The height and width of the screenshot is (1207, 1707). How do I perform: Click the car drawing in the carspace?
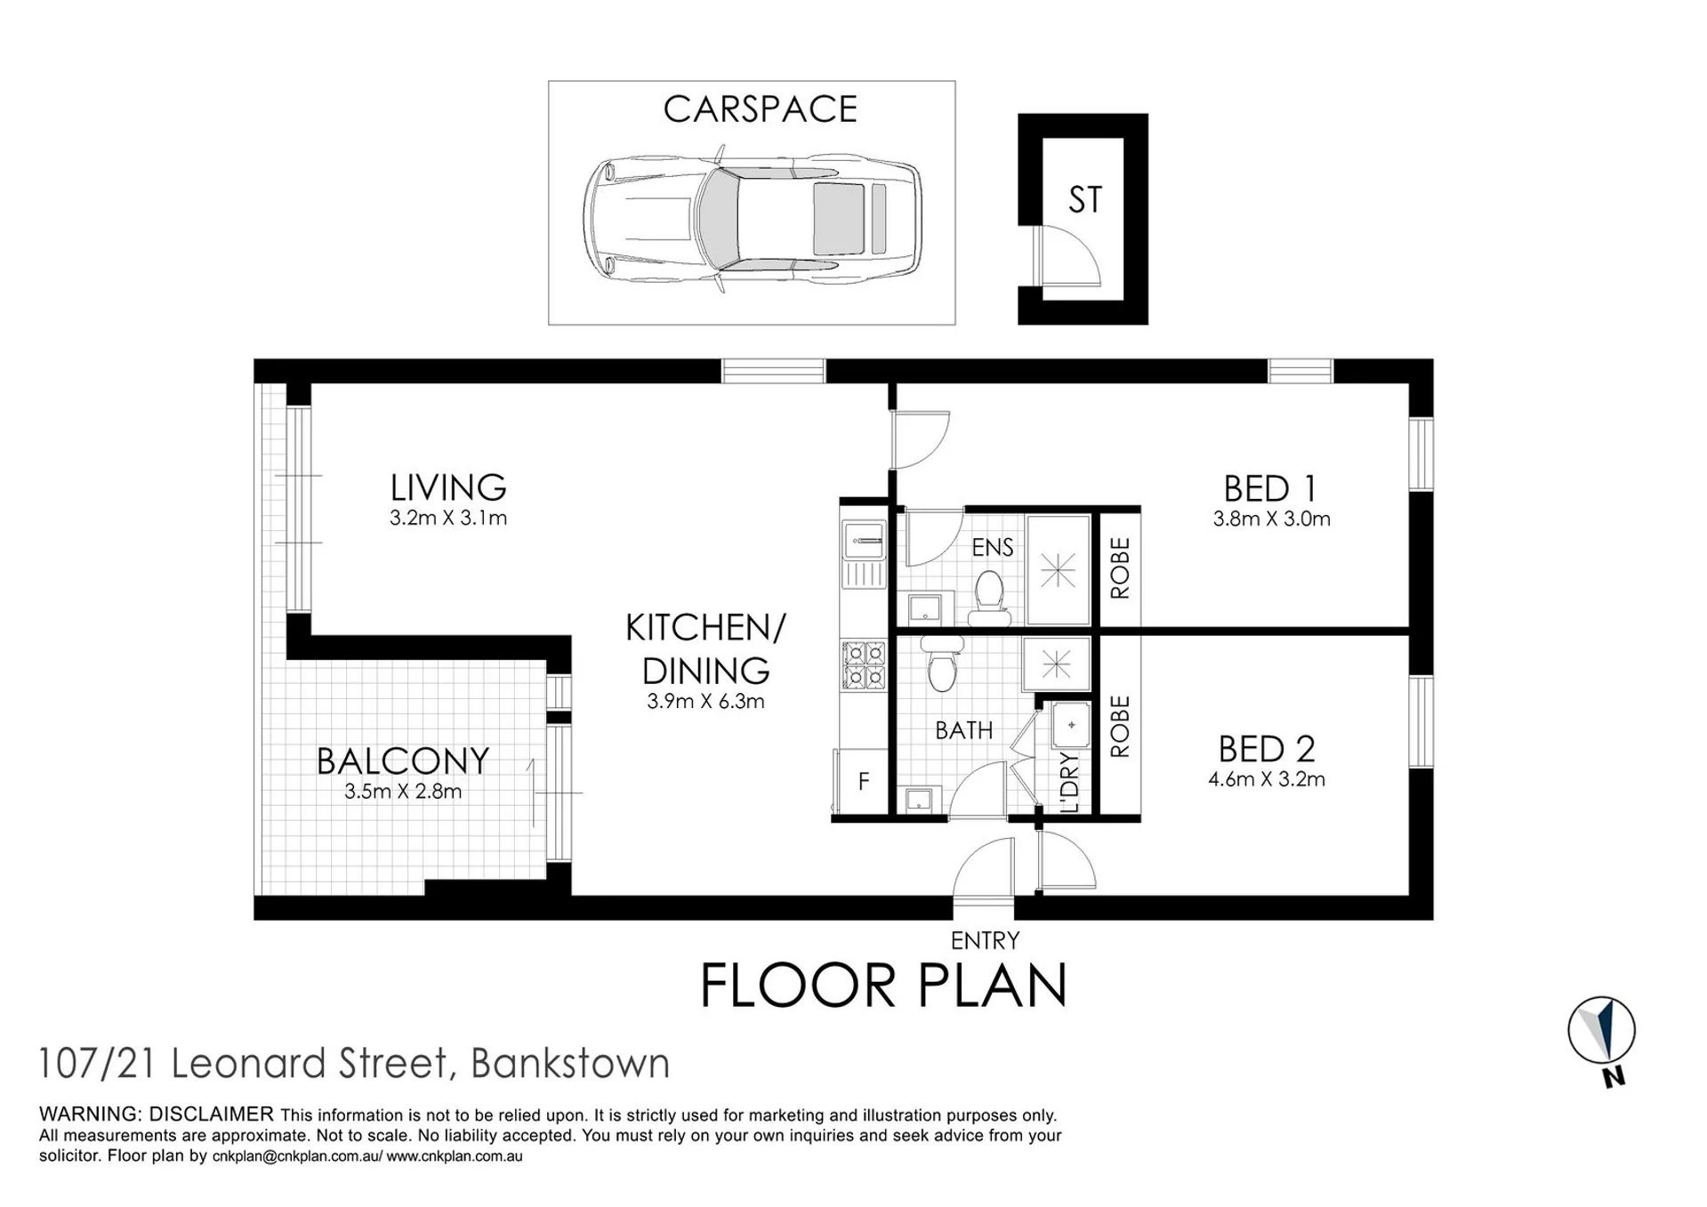pyautogui.click(x=753, y=219)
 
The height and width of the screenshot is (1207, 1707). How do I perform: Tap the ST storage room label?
pyautogui.click(x=1084, y=200)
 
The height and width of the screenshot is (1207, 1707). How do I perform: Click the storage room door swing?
pyautogui.click(x=1070, y=253)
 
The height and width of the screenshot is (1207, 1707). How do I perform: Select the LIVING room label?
pyautogui.click(x=448, y=487)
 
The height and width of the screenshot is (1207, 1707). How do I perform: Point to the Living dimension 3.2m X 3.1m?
pyautogui.click(x=448, y=518)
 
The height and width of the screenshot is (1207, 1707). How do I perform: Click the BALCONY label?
pyautogui.click(x=403, y=761)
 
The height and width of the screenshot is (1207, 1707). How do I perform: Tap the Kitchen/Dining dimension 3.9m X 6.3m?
pyautogui.click(x=705, y=701)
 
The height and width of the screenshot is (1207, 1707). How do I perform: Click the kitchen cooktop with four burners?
pyautogui.click(x=864, y=665)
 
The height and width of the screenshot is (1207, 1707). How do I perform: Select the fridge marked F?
pyautogui.click(x=861, y=781)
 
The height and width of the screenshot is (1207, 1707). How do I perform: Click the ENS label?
pyautogui.click(x=993, y=547)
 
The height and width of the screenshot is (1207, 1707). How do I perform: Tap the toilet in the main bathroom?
pyautogui.click(x=942, y=664)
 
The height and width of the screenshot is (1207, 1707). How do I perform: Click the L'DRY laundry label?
pyautogui.click(x=1070, y=783)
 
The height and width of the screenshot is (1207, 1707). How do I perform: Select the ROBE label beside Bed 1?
pyautogui.click(x=1120, y=567)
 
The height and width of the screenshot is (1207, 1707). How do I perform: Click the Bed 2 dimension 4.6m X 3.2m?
pyautogui.click(x=1267, y=779)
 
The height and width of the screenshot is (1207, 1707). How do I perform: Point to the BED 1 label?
pyautogui.click(x=1269, y=488)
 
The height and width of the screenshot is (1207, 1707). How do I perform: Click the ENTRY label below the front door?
pyautogui.click(x=985, y=940)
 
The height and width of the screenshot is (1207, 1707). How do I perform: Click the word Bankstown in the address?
pyautogui.click(x=570, y=1063)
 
